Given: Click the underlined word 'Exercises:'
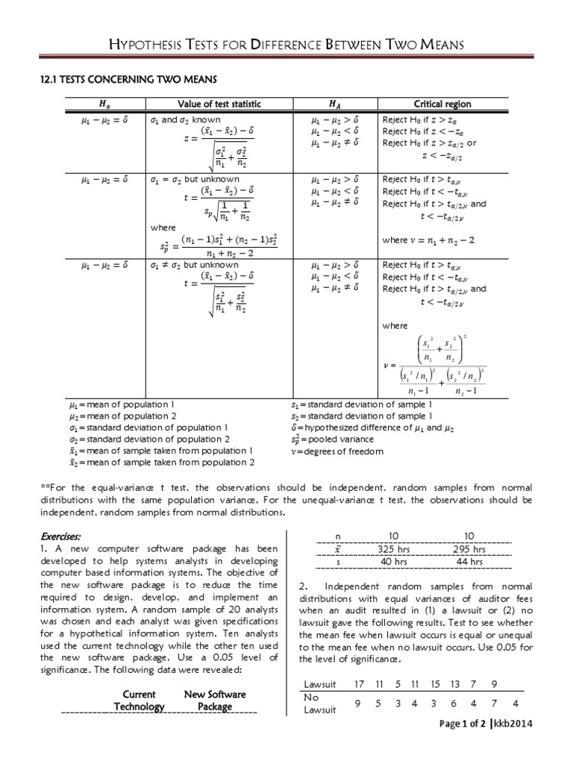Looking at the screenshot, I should tap(63, 536).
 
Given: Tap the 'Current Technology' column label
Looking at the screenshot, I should tap(139, 700).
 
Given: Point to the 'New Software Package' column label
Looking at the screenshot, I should tap(215, 700).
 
